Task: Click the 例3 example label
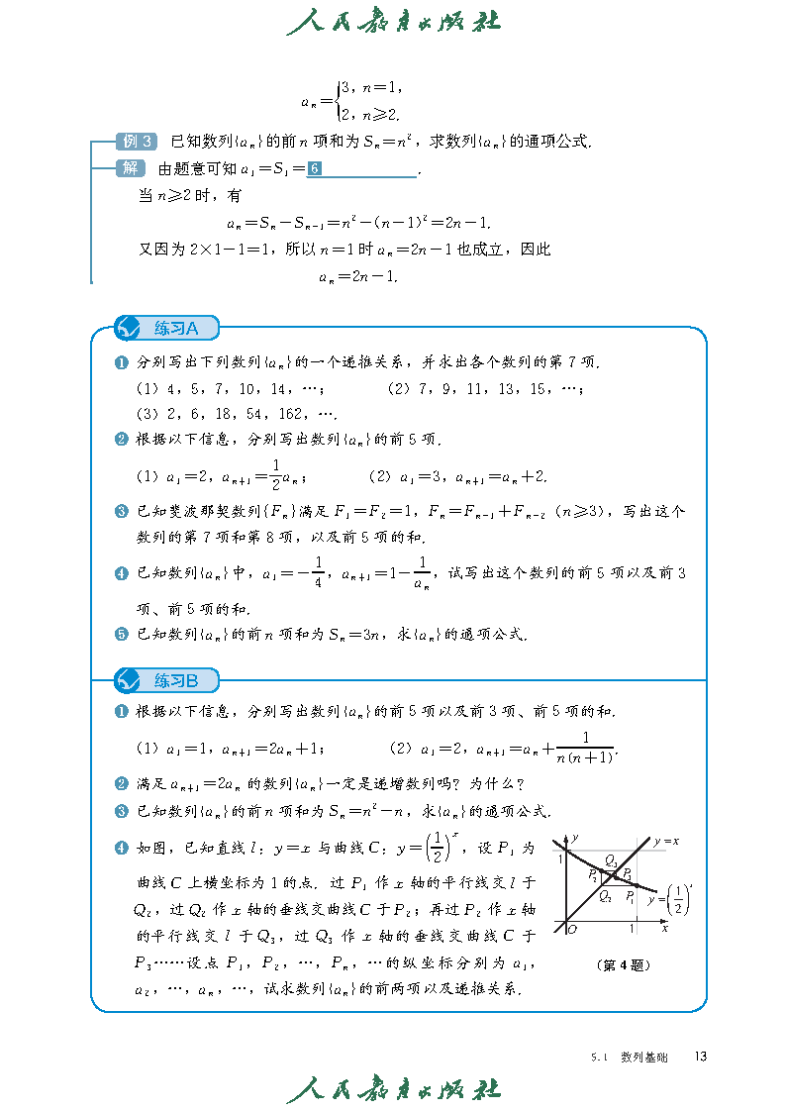pyautogui.click(x=136, y=142)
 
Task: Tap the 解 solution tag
pyautogui.click(x=130, y=168)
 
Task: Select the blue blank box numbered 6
pyautogui.click(x=314, y=169)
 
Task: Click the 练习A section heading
pyautogui.click(x=176, y=328)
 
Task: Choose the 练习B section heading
pyautogui.click(x=176, y=680)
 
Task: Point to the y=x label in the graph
pyautogui.click(x=665, y=842)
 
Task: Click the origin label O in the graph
pyautogui.click(x=573, y=930)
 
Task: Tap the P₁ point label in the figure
pyautogui.click(x=592, y=874)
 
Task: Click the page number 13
pyautogui.click(x=700, y=1057)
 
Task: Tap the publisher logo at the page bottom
pyautogui.click(x=393, y=1089)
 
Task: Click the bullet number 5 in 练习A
pyautogui.click(x=122, y=635)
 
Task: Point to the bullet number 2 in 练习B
pyautogui.click(x=122, y=784)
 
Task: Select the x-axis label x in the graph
pyautogui.click(x=665, y=929)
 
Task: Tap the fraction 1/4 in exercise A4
pyautogui.click(x=318, y=572)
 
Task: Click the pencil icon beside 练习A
pyautogui.click(x=130, y=328)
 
